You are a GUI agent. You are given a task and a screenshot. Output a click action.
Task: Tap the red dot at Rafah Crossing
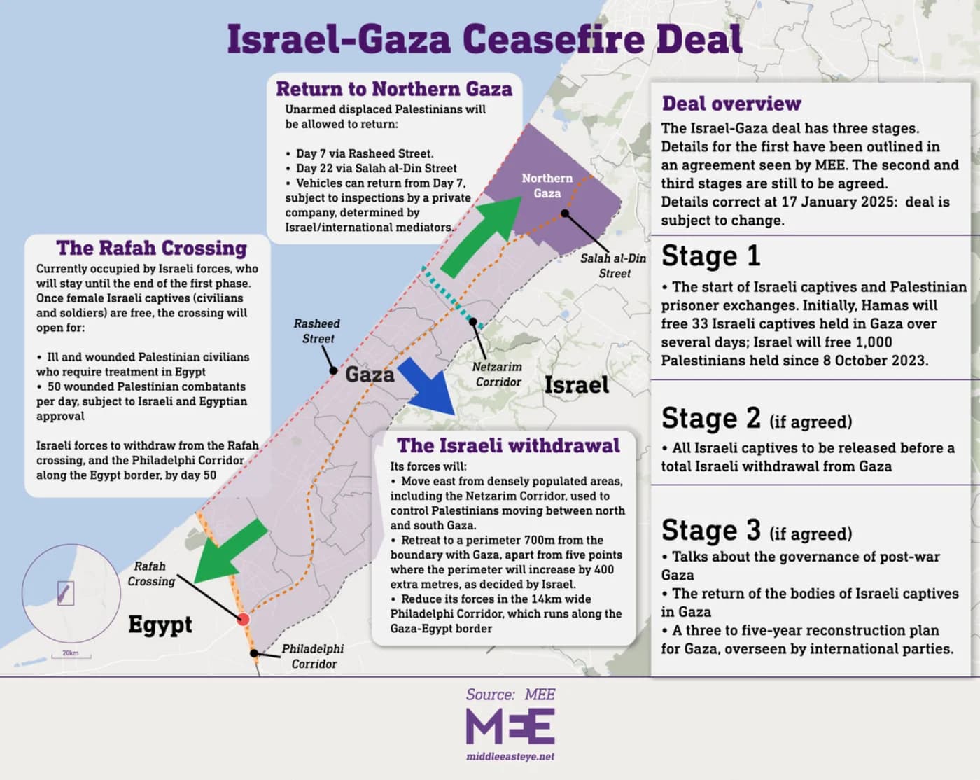tap(243, 619)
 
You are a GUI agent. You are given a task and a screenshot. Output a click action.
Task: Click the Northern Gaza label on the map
tap(547, 186)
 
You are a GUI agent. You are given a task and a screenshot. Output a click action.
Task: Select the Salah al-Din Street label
tap(613, 265)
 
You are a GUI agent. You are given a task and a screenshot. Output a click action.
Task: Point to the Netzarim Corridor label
tap(497, 374)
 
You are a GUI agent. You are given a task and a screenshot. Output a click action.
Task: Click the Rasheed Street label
tap(317, 330)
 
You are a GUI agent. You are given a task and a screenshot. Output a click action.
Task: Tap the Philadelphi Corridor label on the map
tap(313, 656)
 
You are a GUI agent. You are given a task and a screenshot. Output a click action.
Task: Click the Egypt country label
tap(160, 624)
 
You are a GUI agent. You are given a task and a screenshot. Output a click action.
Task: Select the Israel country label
tap(576, 384)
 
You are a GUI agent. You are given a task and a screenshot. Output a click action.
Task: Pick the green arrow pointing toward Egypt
tap(229, 552)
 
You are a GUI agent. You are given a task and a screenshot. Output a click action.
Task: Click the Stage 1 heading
tap(710, 256)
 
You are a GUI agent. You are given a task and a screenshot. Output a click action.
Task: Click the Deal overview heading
tap(731, 104)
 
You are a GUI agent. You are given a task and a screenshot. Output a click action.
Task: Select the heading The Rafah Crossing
tap(152, 248)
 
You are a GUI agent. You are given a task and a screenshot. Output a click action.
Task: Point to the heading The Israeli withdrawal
tap(508, 445)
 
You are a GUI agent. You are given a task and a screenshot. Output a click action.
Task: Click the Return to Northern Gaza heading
tap(394, 89)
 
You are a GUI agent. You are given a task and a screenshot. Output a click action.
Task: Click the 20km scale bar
tap(71, 656)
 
